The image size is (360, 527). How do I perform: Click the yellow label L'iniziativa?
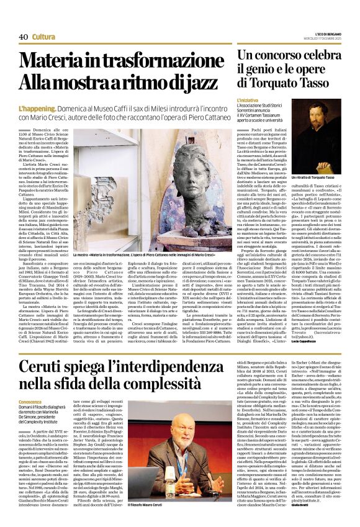[x=250, y=100]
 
